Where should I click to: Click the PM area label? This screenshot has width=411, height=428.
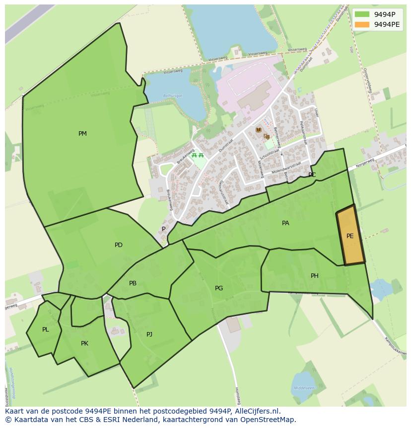[82, 134]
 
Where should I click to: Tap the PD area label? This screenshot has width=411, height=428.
[118, 245]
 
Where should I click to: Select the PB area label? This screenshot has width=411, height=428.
[133, 283]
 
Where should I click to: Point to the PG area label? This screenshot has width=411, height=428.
[219, 288]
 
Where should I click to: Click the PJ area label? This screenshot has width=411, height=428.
[149, 335]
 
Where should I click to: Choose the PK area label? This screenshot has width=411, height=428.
[84, 343]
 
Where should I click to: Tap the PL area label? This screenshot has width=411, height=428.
[46, 330]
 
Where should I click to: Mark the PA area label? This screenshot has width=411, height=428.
[285, 223]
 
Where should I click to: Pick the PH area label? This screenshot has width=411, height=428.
[314, 276]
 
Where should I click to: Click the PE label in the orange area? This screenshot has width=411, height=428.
[350, 236]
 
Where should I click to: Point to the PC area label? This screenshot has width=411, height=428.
[312, 175]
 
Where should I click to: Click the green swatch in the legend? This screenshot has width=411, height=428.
[362, 14]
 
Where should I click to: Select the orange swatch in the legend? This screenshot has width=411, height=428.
[362, 24]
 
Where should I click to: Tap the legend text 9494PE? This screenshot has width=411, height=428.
[387, 24]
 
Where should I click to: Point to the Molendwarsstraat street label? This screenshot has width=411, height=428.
[286, 168]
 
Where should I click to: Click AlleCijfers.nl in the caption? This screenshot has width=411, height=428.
[257, 411]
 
